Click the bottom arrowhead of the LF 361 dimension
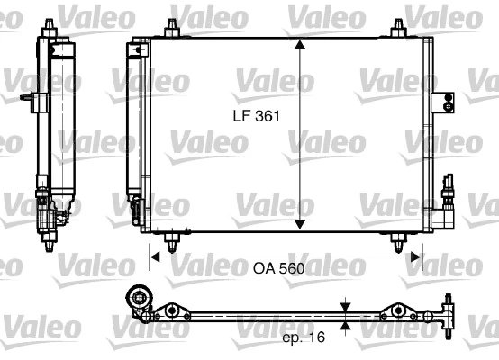(x=300, y=226)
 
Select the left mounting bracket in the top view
(x=168, y=312)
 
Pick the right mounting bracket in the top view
(x=395, y=312)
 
